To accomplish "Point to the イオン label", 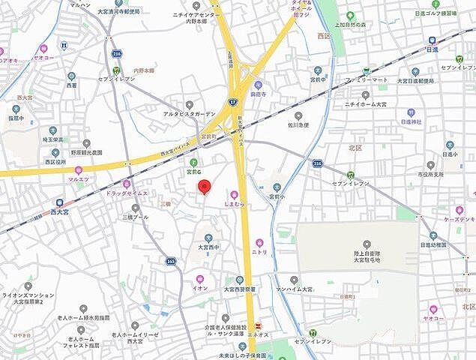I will pos(201,287).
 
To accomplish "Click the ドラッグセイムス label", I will pos(125,193).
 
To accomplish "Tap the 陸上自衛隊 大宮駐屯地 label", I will pos(367,255).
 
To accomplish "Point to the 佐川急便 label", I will pos(298,125).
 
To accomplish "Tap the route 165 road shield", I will pos(171,262).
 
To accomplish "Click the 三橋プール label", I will pos(136,217).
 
